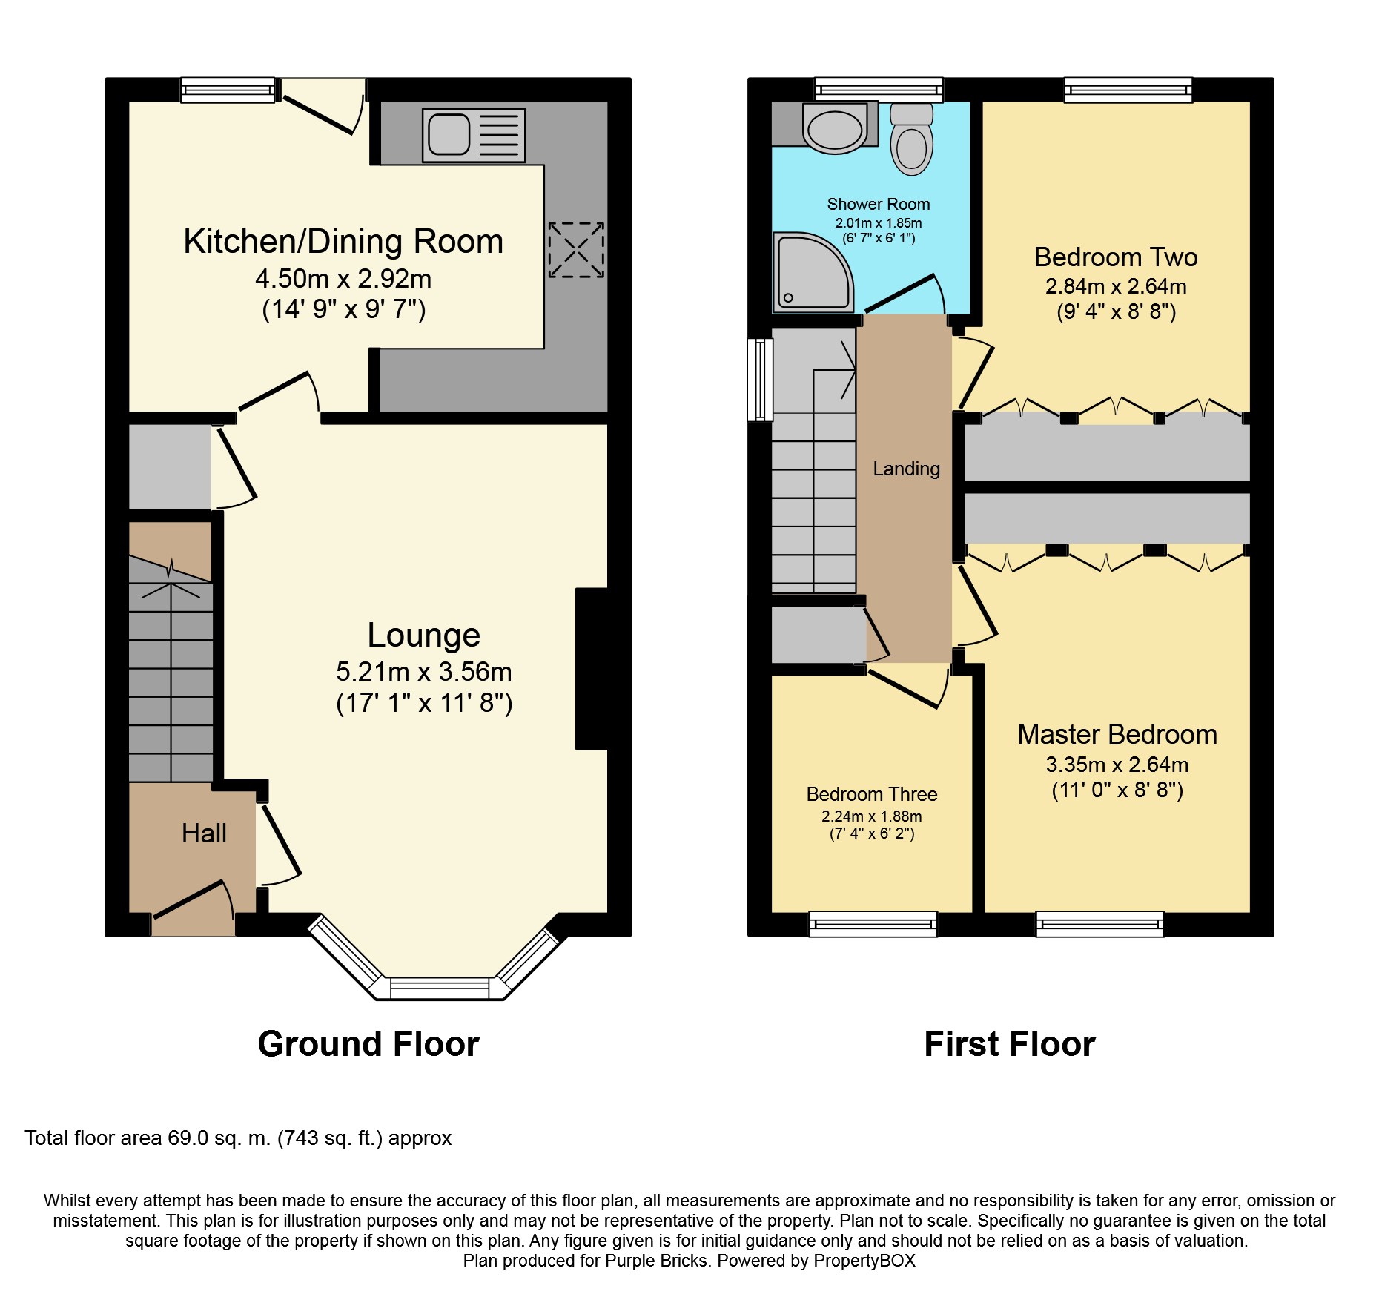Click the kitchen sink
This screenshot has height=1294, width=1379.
[x=474, y=135]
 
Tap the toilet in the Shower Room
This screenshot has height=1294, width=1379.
[x=911, y=141]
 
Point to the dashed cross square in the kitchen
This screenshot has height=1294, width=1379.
[x=576, y=250]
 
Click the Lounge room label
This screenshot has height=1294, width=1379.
[x=423, y=635]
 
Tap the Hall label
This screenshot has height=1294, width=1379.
[x=204, y=833]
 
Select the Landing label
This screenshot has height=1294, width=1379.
[x=906, y=469]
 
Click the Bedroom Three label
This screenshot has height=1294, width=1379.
[x=871, y=794]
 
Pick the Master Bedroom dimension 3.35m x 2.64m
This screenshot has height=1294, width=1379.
[x=1117, y=765]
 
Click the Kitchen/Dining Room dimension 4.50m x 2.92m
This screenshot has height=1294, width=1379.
[x=343, y=279]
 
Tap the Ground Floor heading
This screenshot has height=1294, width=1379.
[x=368, y=1044]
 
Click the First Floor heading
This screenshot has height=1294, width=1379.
[x=1009, y=1044]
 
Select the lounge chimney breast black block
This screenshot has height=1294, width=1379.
[x=593, y=668]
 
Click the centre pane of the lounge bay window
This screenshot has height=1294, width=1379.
[x=440, y=988]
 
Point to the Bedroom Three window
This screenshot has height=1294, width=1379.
[x=873, y=924]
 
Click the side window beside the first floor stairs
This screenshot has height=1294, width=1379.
[x=760, y=380]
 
